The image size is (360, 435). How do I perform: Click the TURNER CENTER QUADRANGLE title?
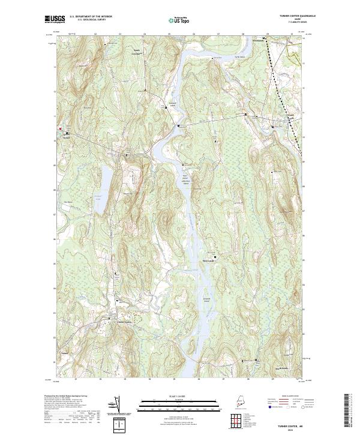click(290, 16)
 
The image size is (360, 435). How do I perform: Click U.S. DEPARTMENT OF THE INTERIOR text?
click(91, 16)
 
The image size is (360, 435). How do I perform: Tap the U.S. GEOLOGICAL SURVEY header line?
click(91, 19)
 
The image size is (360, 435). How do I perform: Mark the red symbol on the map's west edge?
click(59, 128)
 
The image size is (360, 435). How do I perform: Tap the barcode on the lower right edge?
click(349, 412)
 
